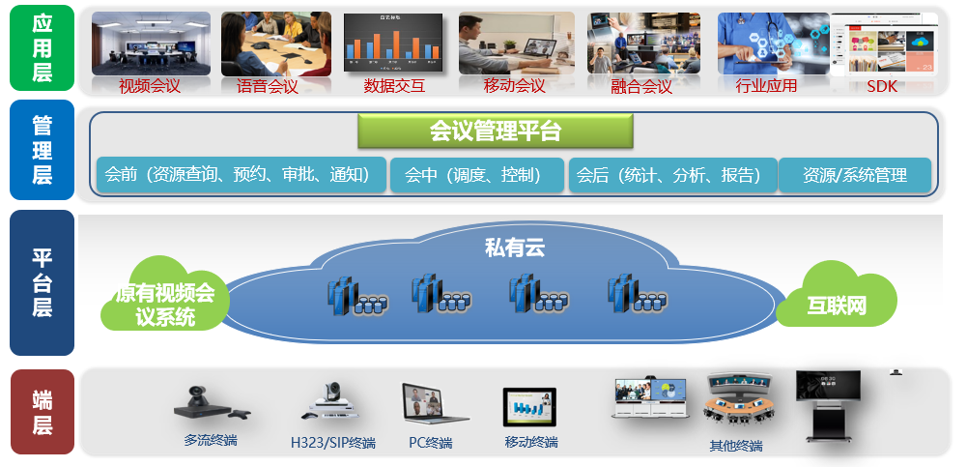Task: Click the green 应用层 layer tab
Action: (x=42, y=48)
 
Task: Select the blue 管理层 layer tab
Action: (x=42, y=150)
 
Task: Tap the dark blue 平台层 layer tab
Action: (x=42, y=282)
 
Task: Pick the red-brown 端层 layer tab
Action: (x=42, y=412)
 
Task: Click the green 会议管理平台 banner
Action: (x=496, y=131)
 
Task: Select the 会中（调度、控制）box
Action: (x=476, y=175)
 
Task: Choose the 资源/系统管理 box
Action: (x=855, y=175)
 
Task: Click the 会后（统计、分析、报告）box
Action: (x=672, y=175)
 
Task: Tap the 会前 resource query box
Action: (x=242, y=175)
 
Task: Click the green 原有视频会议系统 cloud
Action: (x=165, y=295)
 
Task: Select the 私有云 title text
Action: (x=515, y=248)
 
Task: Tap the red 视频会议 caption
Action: (x=150, y=86)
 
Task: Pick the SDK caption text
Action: (x=882, y=86)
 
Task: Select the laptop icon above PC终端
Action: (x=434, y=403)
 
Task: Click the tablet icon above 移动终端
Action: (x=529, y=407)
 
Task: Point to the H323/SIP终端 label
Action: (x=333, y=443)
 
